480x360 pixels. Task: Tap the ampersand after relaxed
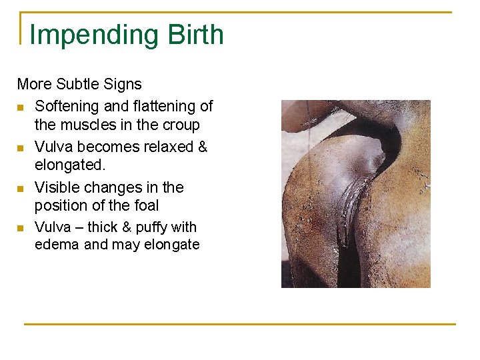203,146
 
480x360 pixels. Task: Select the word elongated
69,165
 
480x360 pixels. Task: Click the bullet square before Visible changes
21,189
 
